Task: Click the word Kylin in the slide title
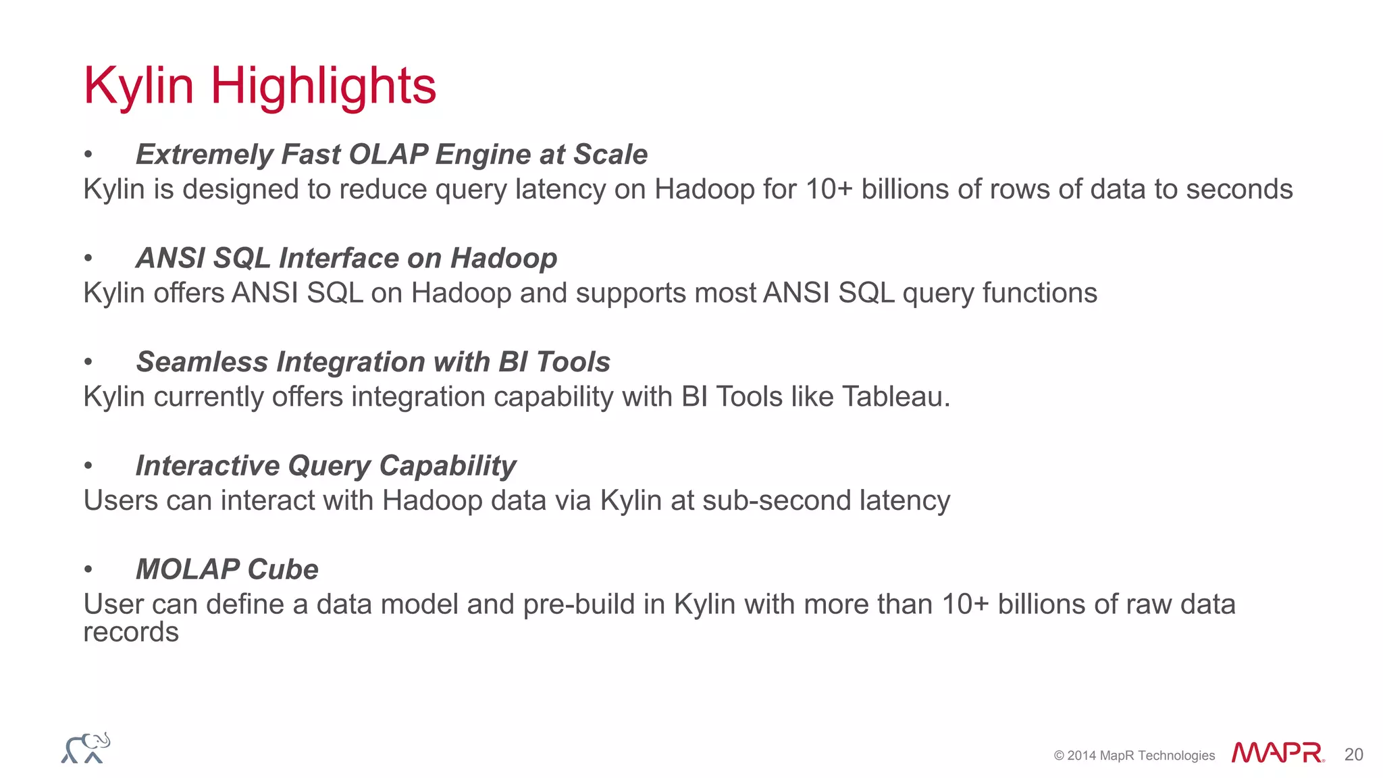(138, 86)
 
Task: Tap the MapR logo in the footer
(1277, 753)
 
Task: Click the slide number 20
(1353, 754)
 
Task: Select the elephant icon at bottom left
(86, 748)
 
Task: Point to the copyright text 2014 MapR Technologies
(1134, 755)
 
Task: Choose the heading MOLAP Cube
(227, 569)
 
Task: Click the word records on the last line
(131, 633)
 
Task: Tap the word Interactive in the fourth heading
(207, 466)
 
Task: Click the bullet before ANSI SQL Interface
(88, 259)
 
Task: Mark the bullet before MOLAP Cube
(88, 570)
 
